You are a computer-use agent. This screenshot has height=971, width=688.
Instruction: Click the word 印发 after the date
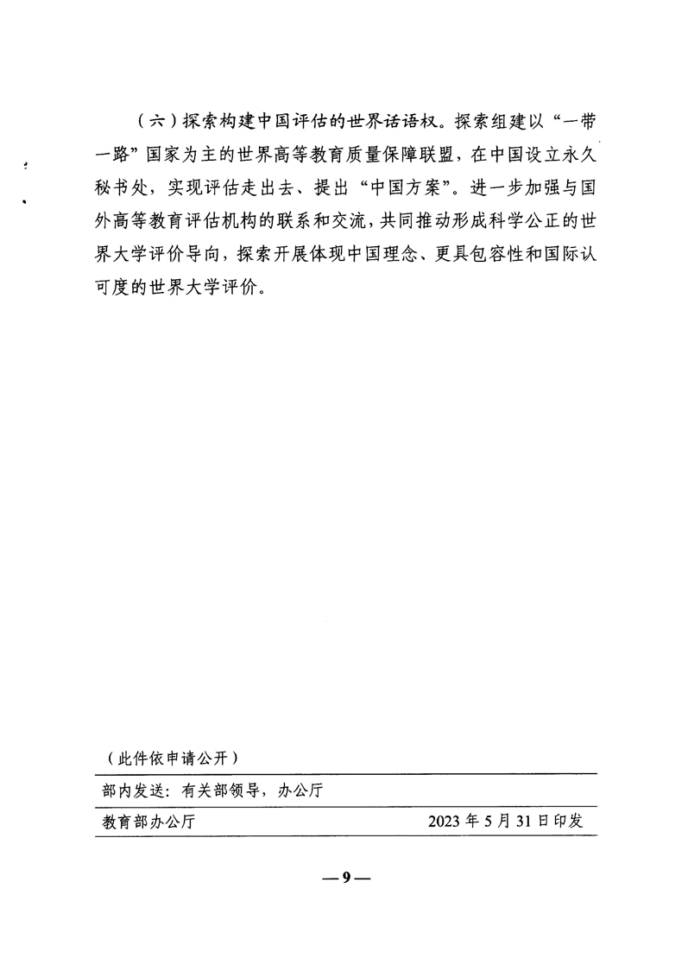569,821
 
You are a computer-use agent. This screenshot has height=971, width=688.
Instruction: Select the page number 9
345,878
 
